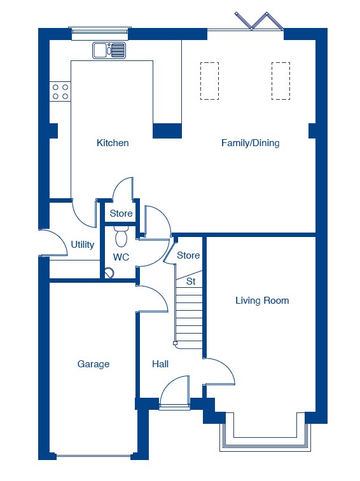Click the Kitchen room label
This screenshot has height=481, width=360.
tap(113, 143)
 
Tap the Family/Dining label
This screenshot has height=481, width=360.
tap(251, 143)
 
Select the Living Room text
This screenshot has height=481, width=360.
tap(262, 301)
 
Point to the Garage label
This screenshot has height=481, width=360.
tap(93, 364)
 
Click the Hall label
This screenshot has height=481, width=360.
tap(160, 364)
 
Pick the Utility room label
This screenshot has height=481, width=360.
tap(82, 245)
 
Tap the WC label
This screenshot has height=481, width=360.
tap(121, 257)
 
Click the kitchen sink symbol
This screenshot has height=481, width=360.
tap(109, 50)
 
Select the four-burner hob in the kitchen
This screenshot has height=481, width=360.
tap(60, 91)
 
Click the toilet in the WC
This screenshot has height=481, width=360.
tap(121, 236)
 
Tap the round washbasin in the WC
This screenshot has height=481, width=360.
tap(109, 273)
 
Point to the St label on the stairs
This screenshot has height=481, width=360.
tap(191, 281)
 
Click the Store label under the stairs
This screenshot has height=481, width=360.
tap(188, 255)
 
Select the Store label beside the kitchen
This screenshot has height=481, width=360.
tap(121, 213)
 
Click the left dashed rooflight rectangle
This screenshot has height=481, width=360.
tap(209, 81)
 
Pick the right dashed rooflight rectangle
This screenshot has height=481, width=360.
tap(280, 81)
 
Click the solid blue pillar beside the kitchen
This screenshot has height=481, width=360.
tap(167, 131)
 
